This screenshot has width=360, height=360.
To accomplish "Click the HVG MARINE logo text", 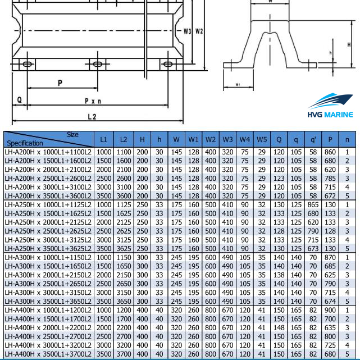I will [x=330, y=115].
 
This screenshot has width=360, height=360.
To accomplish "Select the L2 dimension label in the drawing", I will [x=92, y=116].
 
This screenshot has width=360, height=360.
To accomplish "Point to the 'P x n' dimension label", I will [x=93, y=101].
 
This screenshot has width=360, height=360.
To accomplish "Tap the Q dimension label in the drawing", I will [x=19, y=99].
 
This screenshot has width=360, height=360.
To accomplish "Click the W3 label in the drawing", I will [x=188, y=30].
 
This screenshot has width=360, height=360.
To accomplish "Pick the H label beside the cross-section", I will [x=349, y=44].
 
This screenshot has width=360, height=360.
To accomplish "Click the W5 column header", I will [x=262, y=139].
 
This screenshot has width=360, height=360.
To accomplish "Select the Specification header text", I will [x=25, y=143].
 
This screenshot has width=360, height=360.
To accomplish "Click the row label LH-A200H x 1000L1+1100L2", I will [x=49, y=152].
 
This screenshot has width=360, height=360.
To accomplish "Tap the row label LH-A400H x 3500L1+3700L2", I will [x=49, y=354].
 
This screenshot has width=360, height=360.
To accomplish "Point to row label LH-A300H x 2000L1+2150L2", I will [x=49, y=275].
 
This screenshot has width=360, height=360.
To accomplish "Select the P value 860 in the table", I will [x=330, y=152].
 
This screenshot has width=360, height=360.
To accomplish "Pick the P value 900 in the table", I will [x=330, y=310].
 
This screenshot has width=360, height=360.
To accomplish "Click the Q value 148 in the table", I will [x=279, y=327].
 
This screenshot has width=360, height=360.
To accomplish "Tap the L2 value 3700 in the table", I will [x=124, y=354].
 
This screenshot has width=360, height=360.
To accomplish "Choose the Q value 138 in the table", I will [x=279, y=275].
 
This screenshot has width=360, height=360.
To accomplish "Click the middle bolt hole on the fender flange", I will [x=98, y=64].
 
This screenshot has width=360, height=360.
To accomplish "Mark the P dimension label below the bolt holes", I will [x=60, y=83].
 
